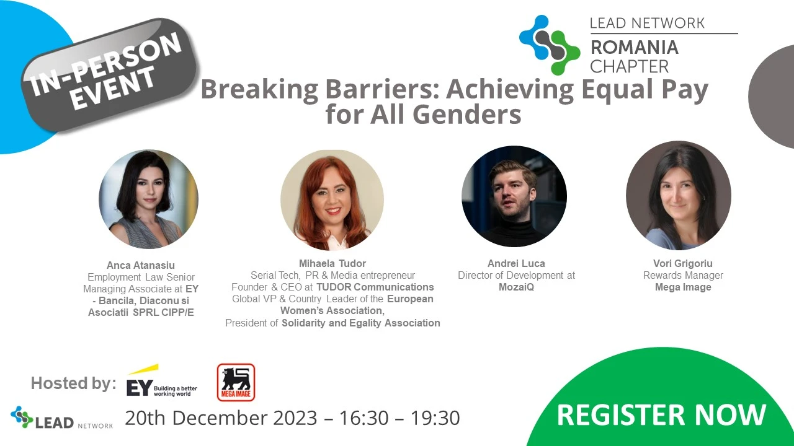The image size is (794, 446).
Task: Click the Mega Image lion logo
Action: [236, 382]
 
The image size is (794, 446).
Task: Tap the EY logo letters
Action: [140, 388]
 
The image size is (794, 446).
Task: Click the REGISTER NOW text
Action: [661, 414]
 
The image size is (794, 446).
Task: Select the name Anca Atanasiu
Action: [141, 265]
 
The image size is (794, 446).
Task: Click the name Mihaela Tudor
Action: [332, 263]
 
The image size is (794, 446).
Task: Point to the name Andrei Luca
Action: [516, 263]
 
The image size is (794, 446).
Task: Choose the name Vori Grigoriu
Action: [683, 263]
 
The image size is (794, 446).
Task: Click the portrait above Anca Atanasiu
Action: [148, 199]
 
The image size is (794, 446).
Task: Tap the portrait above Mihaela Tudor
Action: [332, 200]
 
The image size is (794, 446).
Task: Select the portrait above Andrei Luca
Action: [514, 196]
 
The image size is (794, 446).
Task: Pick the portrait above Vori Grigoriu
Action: [679, 195]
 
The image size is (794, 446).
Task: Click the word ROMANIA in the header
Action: [635, 48]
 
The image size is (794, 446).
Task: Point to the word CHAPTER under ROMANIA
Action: [630, 66]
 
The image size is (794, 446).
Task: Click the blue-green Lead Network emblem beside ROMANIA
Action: [550, 45]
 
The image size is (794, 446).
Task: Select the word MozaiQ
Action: [516, 287]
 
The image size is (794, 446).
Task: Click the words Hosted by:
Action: [74, 383]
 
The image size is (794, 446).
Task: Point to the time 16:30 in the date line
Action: [364, 418]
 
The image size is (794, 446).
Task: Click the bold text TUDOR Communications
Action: [375, 287]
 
